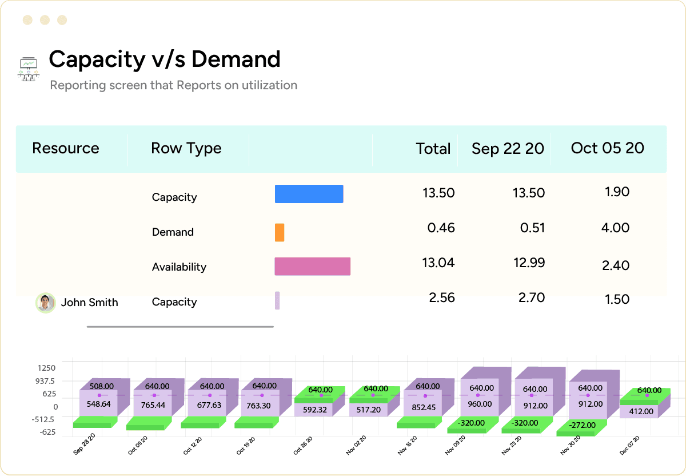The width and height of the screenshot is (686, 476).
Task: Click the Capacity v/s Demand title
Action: tap(165, 59)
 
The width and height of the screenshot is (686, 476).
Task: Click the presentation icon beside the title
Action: tap(28, 69)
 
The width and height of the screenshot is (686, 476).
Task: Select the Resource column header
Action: tap(66, 148)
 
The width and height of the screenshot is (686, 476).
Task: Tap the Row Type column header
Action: tap(186, 148)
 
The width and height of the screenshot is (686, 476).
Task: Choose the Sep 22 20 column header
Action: tap(508, 149)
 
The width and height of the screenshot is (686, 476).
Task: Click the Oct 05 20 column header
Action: tap(607, 148)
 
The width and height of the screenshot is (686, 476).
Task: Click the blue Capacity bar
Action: tap(309, 194)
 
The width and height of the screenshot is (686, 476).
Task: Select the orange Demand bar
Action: tap(280, 232)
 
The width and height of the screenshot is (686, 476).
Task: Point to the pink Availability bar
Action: tap(312, 267)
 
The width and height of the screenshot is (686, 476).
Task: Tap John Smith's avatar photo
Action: tap(45, 303)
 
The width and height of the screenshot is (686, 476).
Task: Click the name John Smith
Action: tap(90, 303)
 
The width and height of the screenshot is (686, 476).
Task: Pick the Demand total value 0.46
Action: tap(441, 228)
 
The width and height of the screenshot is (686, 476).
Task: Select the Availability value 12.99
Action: tap(529, 263)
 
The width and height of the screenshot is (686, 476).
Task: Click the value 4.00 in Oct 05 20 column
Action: tap(616, 228)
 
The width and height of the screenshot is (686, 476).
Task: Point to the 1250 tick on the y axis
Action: tap(47, 368)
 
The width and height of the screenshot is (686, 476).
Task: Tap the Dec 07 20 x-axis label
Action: tap(629, 446)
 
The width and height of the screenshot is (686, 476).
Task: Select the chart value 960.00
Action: tap(480, 404)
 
